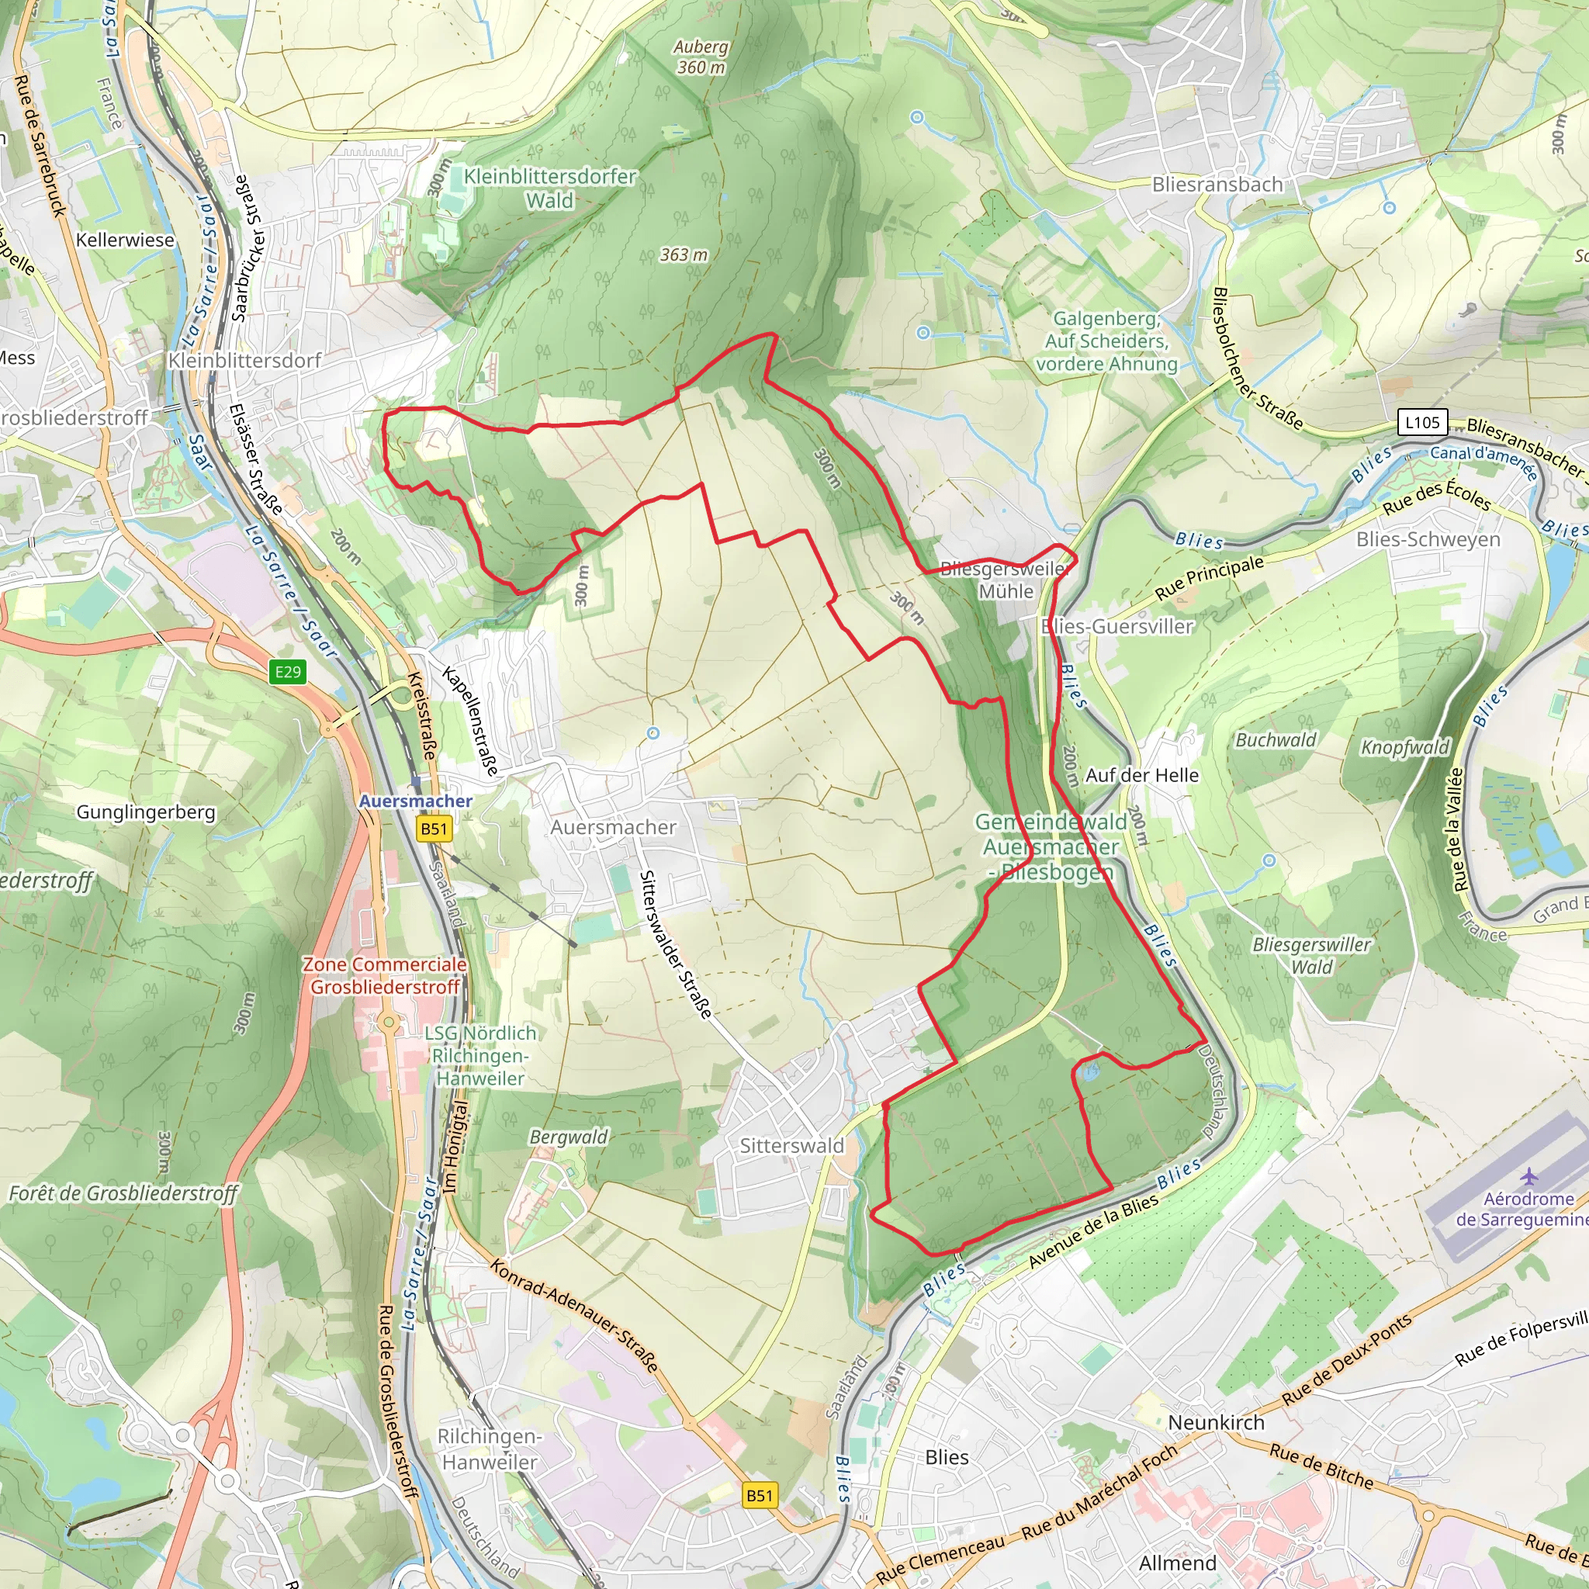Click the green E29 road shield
(x=288, y=672)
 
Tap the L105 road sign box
(x=1422, y=423)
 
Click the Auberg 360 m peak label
(x=701, y=57)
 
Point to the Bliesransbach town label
(x=1217, y=184)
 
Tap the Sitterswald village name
(x=791, y=1146)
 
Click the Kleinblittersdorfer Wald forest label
(x=550, y=189)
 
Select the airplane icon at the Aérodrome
(x=1528, y=1177)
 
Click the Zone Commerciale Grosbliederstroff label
(x=385, y=975)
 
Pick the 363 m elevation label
(x=684, y=255)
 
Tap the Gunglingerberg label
(x=146, y=812)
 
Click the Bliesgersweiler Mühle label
(x=1005, y=580)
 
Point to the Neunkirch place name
(x=1216, y=1422)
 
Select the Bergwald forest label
(x=568, y=1137)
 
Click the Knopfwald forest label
(x=1404, y=747)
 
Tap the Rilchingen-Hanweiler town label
(x=490, y=1449)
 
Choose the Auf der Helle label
(x=1141, y=775)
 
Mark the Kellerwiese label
(x=125, y=241)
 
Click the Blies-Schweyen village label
(x=1428, y=539)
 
